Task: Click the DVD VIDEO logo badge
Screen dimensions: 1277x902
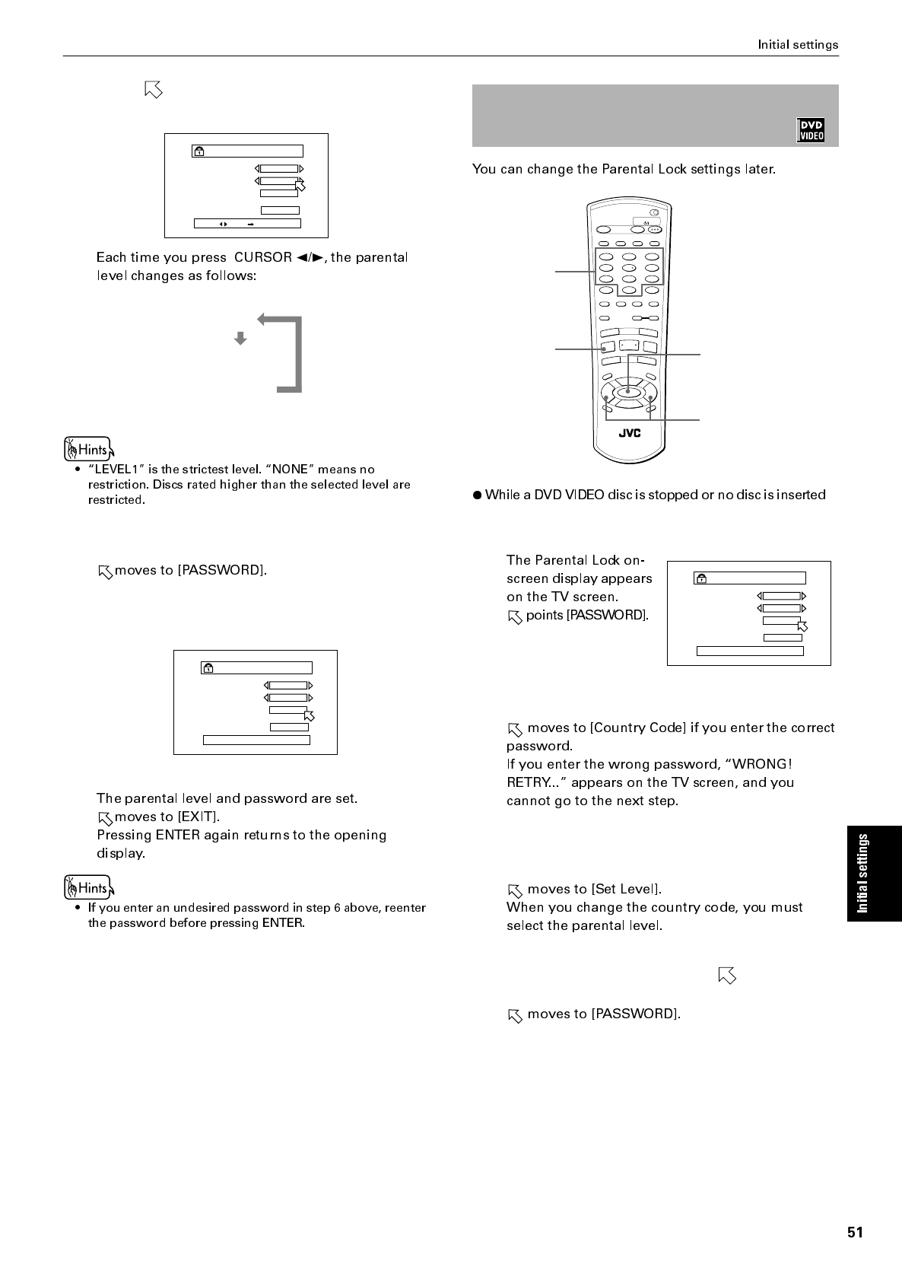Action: pyautogui.click(x=811, y=130)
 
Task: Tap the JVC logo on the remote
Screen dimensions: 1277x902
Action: pyautogui.click(x=629, y=433)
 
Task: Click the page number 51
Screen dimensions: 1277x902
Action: pyautogui.click(x=855, y=1233)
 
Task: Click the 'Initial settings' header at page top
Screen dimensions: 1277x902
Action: pyautogui.click(x=798, y=45)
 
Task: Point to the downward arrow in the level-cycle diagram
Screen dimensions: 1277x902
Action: pyautogui.click(x=240, y=339)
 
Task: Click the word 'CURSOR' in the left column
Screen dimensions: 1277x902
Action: pyautogui.click(x=263, y=257)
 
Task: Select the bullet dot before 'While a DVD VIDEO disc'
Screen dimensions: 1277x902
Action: pyautogui.click(x=478, y=495)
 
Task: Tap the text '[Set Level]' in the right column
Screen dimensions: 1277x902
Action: pyautogui.click(x=626, y=890)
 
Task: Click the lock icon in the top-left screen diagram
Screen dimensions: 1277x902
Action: pyautogui.click(x=199, y=151)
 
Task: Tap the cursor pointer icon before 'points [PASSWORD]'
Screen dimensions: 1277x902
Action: pyautogui.click(x=515, y=616)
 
